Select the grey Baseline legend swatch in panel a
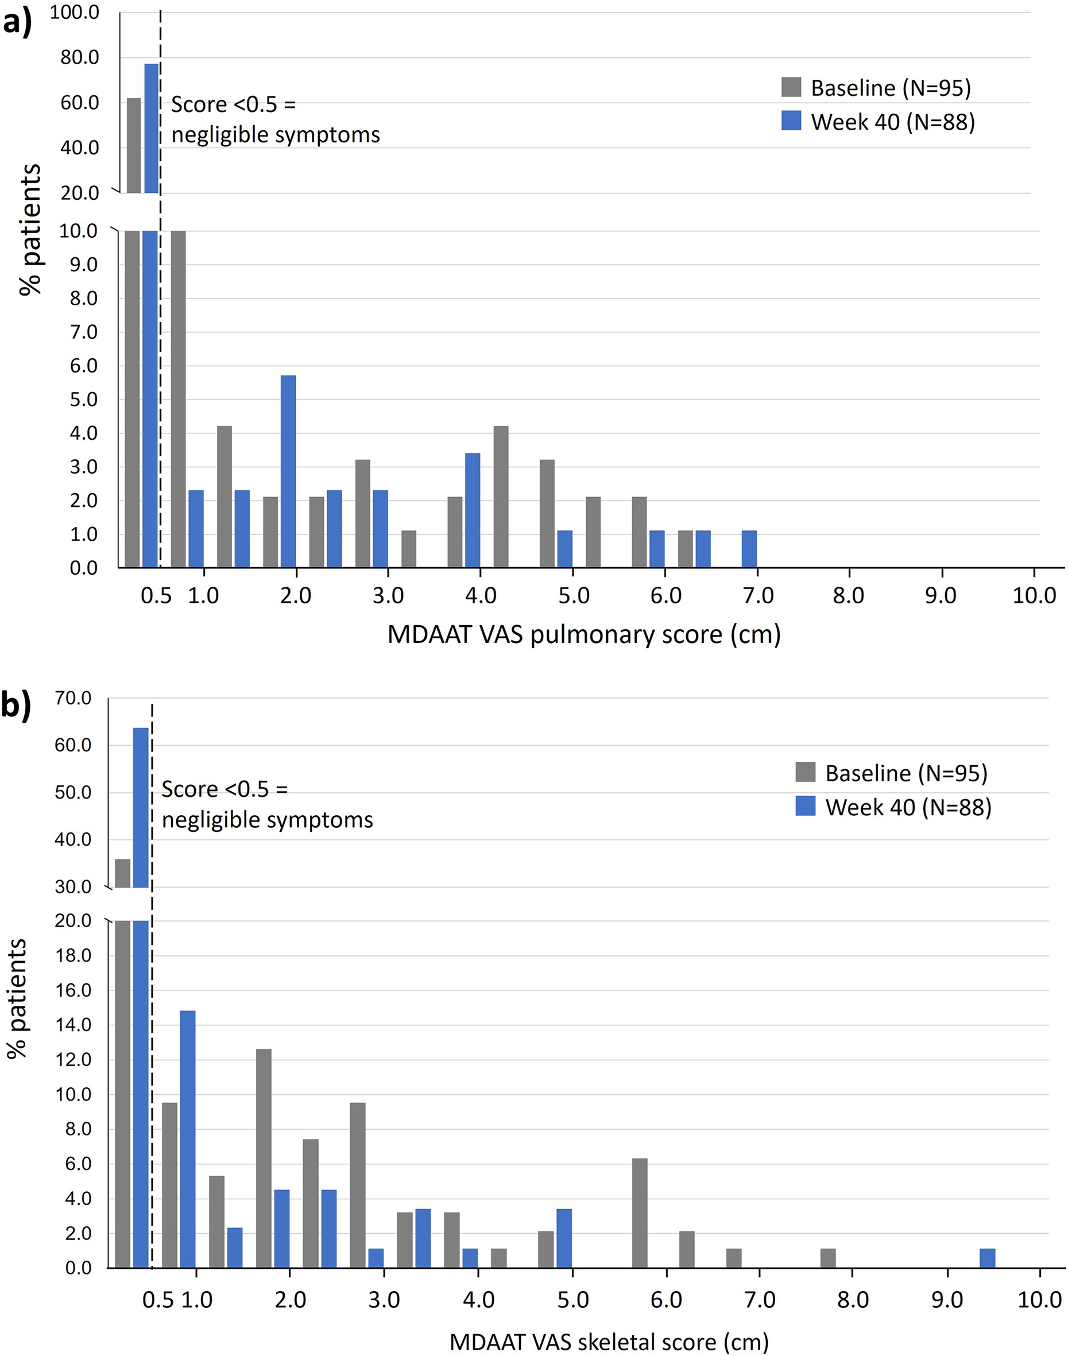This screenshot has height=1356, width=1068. pyautogui.click(x=791, y=87)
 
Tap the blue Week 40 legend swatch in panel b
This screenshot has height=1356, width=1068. pyautogui.click(x=806, y=807)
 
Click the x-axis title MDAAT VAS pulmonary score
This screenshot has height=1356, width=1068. pyautogui.click(x=583, y=634)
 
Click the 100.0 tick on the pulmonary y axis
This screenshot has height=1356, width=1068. pyautogui.click(x=75, y=12)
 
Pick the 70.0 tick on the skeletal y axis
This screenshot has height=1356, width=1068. pyautogui.click(x=72, y=698)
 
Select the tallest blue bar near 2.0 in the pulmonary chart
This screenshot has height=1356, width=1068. pyautogui.click(x=288, y=471)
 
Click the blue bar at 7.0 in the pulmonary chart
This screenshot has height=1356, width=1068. pyautogui.click(x=749, y=549)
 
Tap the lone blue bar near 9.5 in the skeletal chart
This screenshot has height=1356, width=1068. pyautogui.click(x=988, y=1258)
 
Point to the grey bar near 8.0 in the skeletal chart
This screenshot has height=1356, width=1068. pyautogui.click(x=828, y=1258)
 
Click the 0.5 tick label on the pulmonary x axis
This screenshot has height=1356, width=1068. pyautogui.click(x=156, y=596)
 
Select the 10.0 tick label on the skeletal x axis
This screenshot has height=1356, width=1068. pyautogui.click(x=1039, y=1301)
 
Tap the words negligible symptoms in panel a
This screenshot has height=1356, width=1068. pyautogui.click(x=275, y=135)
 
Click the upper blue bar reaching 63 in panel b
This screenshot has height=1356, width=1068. pyautogui.click(x=141, y=807)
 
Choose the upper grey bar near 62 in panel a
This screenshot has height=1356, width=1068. pyautogui.click(x=134, y=145)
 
